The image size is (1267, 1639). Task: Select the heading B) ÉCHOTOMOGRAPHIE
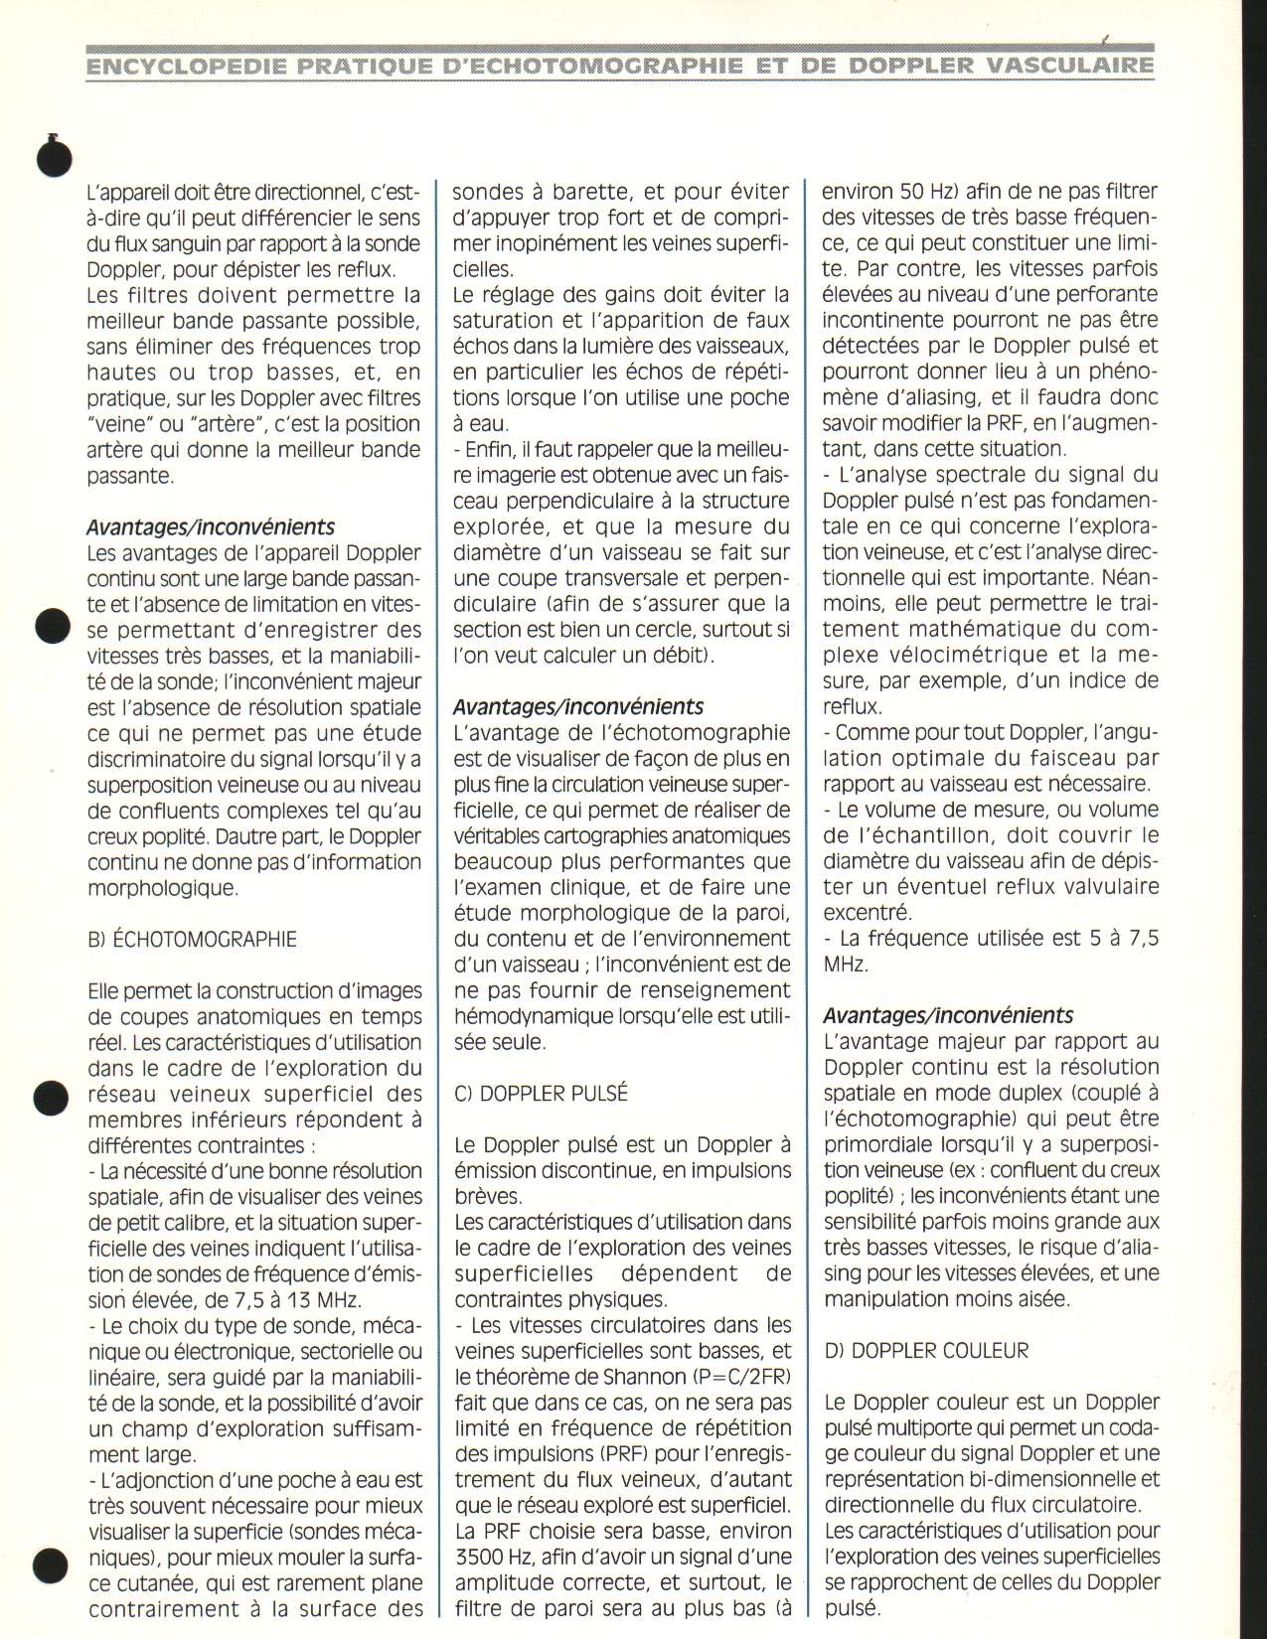click(x=192, y=939)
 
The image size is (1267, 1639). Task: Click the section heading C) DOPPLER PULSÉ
click(x=542, y=1094)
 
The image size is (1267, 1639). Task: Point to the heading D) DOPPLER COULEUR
click(x=926, y=1350)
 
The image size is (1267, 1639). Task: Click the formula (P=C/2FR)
click(x=736, y=1377)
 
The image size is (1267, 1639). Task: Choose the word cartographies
click(x=608, y=836)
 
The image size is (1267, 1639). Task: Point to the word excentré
click(x=868, y=913)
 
